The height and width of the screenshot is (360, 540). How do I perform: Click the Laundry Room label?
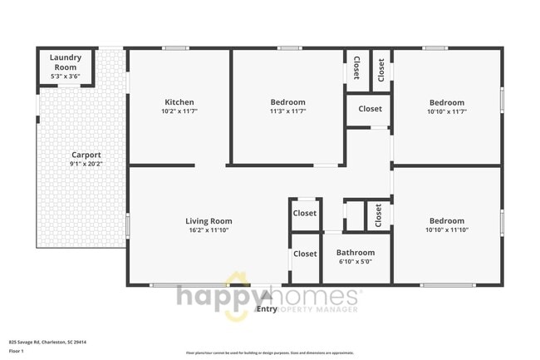[x=64, y=62]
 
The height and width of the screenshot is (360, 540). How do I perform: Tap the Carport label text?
[x=86, y=155]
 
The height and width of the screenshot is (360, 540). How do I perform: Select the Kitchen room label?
[x=179, y=103]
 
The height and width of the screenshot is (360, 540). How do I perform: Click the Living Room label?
[x=209, y=221]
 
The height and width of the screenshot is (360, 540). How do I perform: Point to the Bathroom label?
[x=355, y=253]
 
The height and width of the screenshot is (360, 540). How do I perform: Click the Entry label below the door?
[x=267, y=309]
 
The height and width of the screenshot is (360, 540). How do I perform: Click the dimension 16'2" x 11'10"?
[x=209, y=230]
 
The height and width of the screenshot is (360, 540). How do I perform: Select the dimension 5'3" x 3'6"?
[x=64, y=76]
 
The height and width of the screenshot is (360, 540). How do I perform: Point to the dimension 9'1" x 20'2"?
[x=86, y=164]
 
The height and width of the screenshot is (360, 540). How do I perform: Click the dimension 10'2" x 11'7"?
[x=179, y=111]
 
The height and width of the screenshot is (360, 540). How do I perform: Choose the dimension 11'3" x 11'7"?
[x=288, y=111]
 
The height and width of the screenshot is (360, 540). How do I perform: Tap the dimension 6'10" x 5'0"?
[x=355, y=262]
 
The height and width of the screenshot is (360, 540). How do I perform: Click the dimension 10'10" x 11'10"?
[x=447, y=230]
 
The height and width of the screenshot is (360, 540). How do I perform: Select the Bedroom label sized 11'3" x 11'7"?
[x=288, y=103]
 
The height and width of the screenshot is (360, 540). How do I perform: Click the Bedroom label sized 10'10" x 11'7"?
[x=447, y=103]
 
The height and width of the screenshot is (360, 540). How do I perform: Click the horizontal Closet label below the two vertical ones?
[x=370, y=109]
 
